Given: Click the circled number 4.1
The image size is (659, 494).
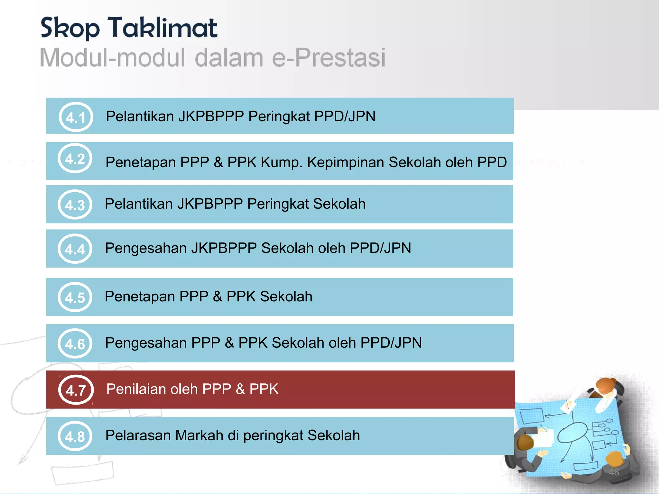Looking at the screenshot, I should [76, 117].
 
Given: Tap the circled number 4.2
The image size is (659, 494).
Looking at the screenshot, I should [75, 159].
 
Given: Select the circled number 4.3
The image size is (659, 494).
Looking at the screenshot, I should [75, 205].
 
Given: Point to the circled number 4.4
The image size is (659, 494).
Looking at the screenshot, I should [75, 249].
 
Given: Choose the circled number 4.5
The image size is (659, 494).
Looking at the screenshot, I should [75, 297].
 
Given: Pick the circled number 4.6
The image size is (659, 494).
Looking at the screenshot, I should [75, 344].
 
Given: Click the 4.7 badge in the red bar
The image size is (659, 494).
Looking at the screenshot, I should [76, 390].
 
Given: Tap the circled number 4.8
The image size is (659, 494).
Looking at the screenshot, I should [75, 436].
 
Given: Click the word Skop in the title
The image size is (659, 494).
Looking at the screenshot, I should [70, 28].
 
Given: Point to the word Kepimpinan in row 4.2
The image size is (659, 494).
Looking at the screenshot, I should [346, 162].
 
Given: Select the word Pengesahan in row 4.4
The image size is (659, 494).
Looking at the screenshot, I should [146, 248].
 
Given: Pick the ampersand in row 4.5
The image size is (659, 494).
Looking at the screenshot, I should [218, 297].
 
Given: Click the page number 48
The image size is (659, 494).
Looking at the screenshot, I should [614, 472].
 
